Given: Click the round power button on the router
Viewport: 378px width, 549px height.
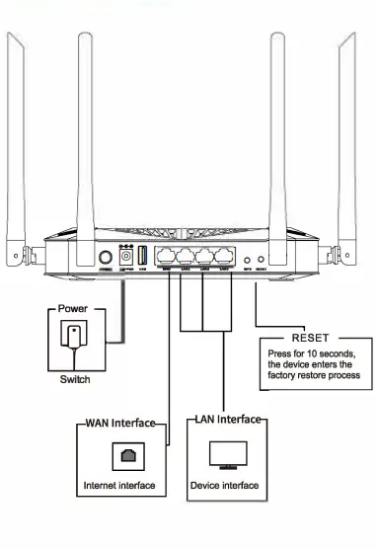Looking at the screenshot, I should coord(107,259).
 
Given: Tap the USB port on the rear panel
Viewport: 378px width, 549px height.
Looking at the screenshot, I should coord(143,256).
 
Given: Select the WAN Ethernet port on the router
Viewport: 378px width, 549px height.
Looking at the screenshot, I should coord(166,254).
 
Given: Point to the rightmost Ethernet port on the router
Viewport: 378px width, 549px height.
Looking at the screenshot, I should coord(226,254).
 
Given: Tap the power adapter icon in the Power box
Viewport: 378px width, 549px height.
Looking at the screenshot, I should coord(75,336).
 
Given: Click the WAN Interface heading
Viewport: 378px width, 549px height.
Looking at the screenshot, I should coord(119,423).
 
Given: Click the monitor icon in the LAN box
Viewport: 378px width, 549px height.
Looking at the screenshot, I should coord(226,453).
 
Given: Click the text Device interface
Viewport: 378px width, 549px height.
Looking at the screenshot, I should coord(226,485).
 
